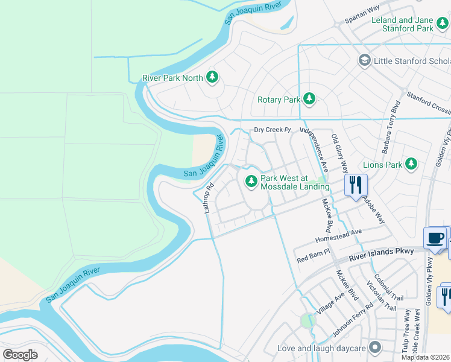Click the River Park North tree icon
pyautogui.click(x=212, y=77)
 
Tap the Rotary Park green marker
pyautogui.click(x=309, y=98)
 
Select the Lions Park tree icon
pyautogui.click(x=411, y=164)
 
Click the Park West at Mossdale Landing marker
pyautogui.click(x=251, y=180)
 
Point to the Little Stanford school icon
pyautogui.click(x=364, y=60)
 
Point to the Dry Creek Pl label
pyautogui.click(x=272, y=130)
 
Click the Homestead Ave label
pyautogui.click(x=339, y=235)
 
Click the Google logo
pyautogui.click(x=20, y=354)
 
